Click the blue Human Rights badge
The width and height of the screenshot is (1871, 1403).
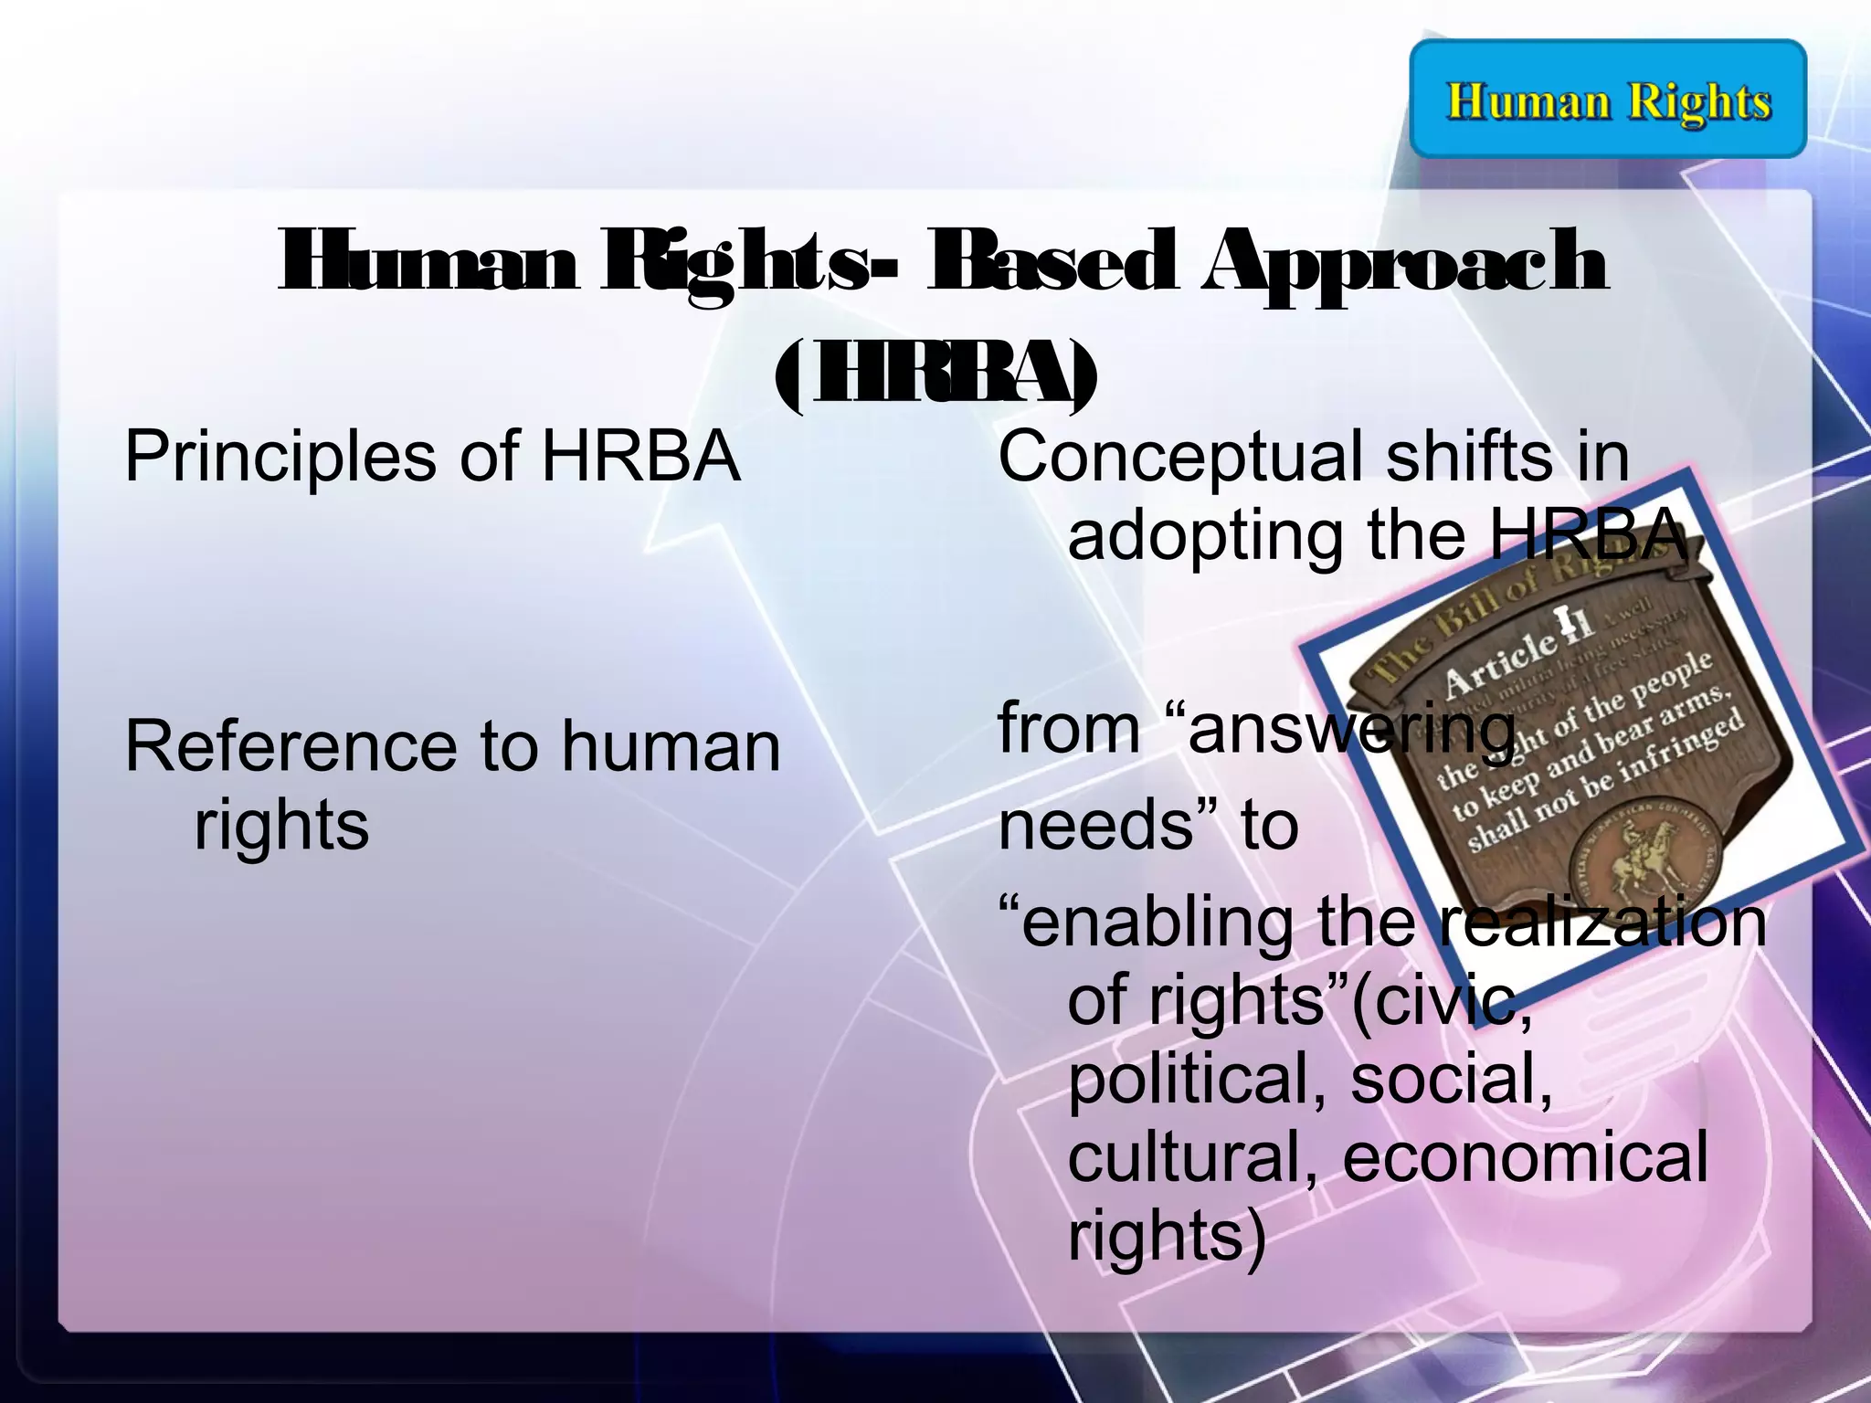point(1608,99)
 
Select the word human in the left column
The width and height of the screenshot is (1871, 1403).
point(671,746)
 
